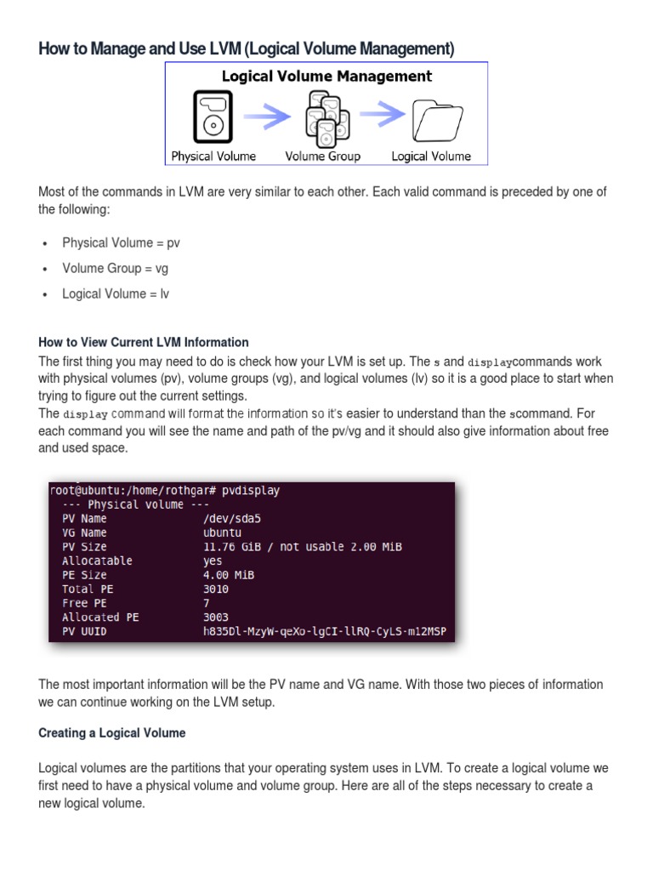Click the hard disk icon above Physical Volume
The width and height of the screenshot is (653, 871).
(x=212, y=117)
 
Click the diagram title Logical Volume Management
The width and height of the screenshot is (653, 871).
(x=326, y=77)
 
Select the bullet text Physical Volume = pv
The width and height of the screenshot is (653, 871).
(x=121, y=242)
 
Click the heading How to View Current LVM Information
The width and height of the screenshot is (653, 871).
(x=144, y=342)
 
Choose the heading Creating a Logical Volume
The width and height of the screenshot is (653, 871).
(x=111, y=732)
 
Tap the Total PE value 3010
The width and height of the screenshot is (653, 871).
(x=216, y=589)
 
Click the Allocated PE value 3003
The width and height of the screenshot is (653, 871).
(x=216, y=617)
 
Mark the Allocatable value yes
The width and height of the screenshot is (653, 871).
(x=213, y=561)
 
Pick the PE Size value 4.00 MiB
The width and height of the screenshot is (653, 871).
(x=229, y=575)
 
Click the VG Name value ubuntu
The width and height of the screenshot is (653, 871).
(x=223, y=532)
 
